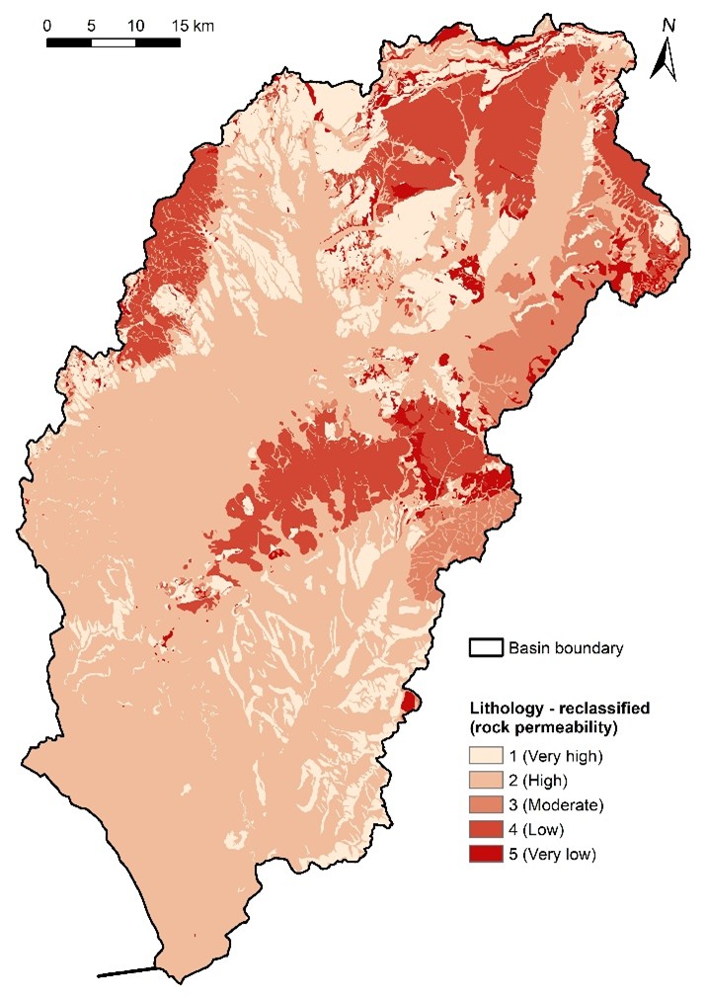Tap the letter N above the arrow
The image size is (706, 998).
668,24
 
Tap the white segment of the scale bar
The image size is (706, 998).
114,42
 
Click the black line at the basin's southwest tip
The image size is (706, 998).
126,972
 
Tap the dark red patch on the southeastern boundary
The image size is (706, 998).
410,702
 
